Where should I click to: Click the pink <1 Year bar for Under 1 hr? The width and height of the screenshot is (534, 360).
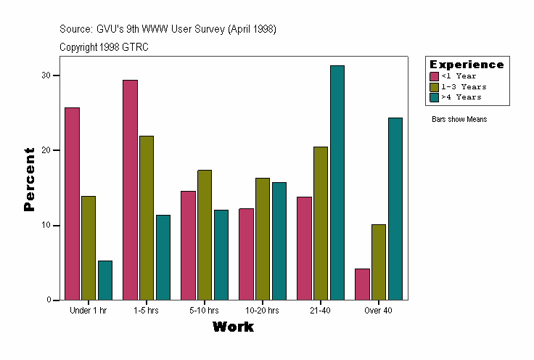coord(72,203)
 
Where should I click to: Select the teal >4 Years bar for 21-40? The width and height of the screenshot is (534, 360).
coord(337,182)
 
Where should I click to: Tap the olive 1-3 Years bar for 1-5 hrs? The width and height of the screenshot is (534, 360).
coord(147,218)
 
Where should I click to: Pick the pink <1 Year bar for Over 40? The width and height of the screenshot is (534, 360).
coord(362,284)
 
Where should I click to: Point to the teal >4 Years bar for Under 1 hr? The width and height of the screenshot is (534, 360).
coord(105,280)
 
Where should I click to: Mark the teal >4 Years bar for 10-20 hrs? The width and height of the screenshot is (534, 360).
coord(279,241)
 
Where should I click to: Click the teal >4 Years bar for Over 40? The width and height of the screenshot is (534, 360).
coord(395,208)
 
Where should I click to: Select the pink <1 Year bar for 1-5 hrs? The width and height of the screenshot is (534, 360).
coord(130,189)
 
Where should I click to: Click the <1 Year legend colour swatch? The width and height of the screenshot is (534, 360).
coord(435,76)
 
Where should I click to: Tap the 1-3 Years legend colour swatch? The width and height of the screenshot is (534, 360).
coord(435,86)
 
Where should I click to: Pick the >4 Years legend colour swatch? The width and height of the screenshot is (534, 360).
coord(435,97)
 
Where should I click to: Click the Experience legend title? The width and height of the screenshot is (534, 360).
coord(467,65)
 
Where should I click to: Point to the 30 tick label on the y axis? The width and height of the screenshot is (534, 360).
coord(46,75)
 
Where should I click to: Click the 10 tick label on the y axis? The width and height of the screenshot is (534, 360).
coord(46,225)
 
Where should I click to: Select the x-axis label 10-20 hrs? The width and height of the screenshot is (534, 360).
coord(262,311)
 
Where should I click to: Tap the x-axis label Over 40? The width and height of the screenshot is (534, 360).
coord(378,311)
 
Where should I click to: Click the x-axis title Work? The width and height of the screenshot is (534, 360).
coord(233,327)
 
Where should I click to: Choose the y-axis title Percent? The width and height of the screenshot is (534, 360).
coord(29,179)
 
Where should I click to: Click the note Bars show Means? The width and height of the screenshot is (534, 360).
coord(459,119)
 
